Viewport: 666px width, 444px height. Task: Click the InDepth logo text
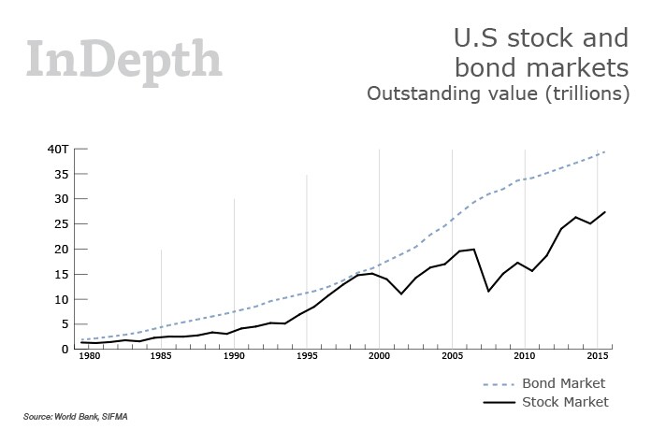(124, 58)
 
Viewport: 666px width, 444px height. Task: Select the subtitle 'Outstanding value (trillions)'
(499, 94)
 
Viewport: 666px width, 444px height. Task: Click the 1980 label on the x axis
(89, 357)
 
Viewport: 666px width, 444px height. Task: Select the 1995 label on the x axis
(307, 357)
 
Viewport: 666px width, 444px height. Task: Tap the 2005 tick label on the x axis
(452, 357)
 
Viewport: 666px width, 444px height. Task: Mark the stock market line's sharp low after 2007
(488, 291)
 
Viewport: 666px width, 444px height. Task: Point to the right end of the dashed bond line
(606, 151)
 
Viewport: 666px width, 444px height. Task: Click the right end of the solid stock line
(606, 211)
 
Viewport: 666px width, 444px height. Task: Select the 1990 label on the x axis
(234, 357)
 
